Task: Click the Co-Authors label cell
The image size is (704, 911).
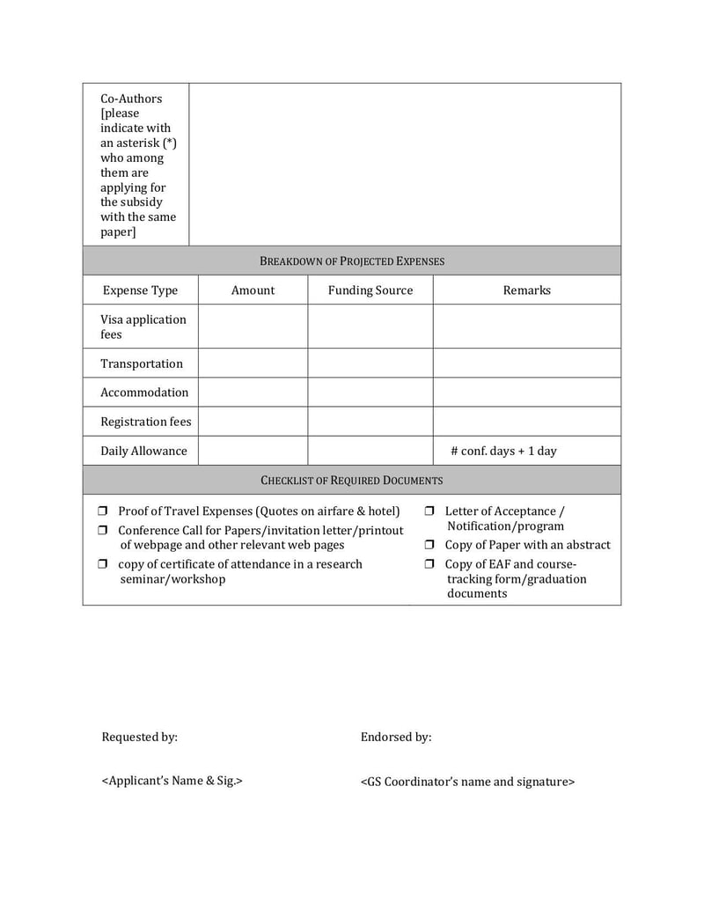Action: click(x=137, y=165)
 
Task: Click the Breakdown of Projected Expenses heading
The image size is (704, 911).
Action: click(x=352, y=261)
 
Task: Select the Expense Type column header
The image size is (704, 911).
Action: click(x=140, y=290)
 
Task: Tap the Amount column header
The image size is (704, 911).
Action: click(x=253, y=290)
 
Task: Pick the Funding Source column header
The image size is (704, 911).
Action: click(x=370, y=290)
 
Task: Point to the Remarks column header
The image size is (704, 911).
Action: click(x=526, y=290)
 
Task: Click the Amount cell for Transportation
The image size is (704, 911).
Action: click(x=253, y=364)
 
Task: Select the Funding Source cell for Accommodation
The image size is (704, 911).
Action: click(x=370, y=393)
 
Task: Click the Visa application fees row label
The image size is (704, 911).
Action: click(x=143, y=327)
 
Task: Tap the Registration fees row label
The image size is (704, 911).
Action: click(x=145, y=422)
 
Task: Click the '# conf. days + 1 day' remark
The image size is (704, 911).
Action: click(x=503, y=451)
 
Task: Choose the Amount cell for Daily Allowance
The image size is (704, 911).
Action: click(x=253, y=451)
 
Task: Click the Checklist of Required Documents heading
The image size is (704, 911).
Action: click(x=352, y=481)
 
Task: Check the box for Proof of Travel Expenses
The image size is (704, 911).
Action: click(x=102, y=511)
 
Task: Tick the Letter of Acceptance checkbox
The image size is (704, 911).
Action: click(x=429, y=511)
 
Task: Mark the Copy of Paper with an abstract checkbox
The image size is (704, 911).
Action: click(x=429, y=546)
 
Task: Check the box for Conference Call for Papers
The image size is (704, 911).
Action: click(x=102, y=531)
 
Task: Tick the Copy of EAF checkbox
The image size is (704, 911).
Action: click(x=429, y=564)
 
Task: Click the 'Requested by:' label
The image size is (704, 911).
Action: click(x=139, y=737)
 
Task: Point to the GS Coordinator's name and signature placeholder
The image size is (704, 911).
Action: click(x=467, y=781)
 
